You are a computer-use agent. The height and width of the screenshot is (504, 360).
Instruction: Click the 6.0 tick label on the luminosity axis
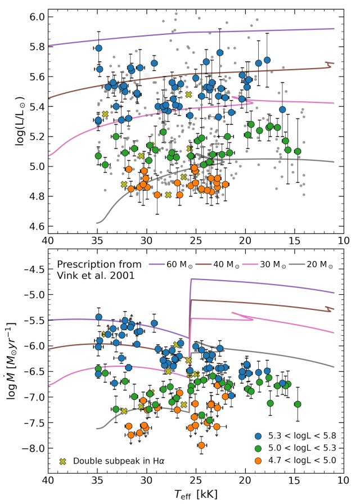coord(37,17)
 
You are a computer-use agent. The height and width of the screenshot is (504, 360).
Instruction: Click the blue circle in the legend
coord(258,436)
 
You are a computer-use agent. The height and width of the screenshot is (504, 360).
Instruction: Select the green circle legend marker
coord(258,448)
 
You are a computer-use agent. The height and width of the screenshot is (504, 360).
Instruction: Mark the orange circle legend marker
coord(258,461)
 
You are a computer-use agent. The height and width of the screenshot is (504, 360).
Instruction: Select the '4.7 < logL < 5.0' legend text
coord(302,461)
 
